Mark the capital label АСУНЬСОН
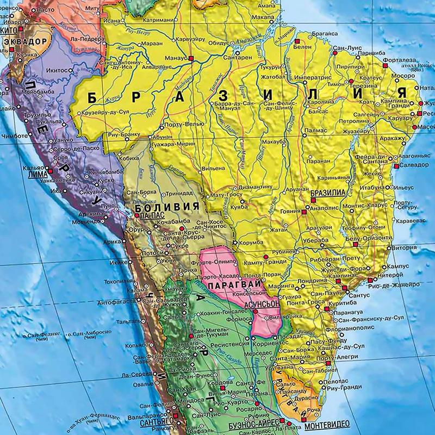tap(262, 306)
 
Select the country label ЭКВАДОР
tap(24, 42)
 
